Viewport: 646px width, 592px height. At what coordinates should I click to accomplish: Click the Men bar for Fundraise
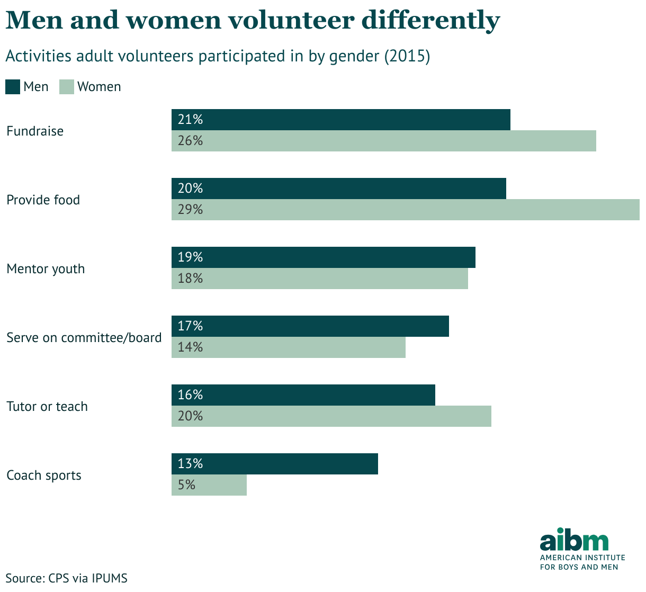pos(340,120)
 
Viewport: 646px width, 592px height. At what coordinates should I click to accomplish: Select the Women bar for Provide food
pos(405,210)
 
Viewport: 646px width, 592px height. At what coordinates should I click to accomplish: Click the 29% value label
pos(190,210)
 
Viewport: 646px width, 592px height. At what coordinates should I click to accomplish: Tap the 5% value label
pos(187,485)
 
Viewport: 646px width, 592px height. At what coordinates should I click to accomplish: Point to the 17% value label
pos(190,326)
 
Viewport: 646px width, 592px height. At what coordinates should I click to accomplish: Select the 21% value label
pos(190,120)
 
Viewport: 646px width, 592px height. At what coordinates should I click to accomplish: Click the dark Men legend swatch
pos(13,87)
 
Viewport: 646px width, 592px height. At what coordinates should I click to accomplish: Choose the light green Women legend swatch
pos(66,87)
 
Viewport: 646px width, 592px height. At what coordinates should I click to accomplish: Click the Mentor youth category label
pos(46,269)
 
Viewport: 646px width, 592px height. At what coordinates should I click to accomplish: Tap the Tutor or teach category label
pos(47,407)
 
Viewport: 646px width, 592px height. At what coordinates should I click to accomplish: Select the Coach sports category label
pos(44,476)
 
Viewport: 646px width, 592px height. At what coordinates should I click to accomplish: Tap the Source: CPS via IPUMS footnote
pos(67,578)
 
